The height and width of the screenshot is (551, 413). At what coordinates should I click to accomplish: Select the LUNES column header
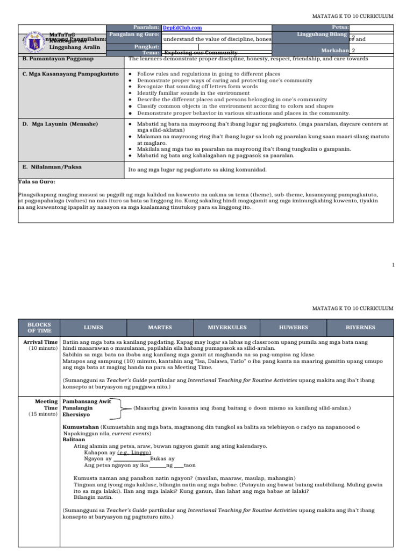pyautogui.click(x=93, y=327)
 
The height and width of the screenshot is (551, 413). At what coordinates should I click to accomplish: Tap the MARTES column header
pyautogui.click(x=160, y=327)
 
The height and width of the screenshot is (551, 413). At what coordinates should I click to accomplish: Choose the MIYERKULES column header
pyautogui.click(x=226, y=327)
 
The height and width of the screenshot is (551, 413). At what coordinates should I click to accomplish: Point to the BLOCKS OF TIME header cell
pyautogui.click(x=39, y=327)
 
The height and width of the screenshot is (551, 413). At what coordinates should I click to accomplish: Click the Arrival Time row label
pyautogui.click(x=40, y=342)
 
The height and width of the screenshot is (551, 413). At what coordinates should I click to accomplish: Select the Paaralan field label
pyautogui.click(x=146, y=27)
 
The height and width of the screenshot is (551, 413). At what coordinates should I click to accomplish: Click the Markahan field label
pyautogui.click(x=336, y=50)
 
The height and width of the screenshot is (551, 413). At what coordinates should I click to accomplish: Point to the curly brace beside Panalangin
pyautogui.click(x=121, y=408)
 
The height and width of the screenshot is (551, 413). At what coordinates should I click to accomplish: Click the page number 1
pyautogui.click(x=393, y=265)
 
